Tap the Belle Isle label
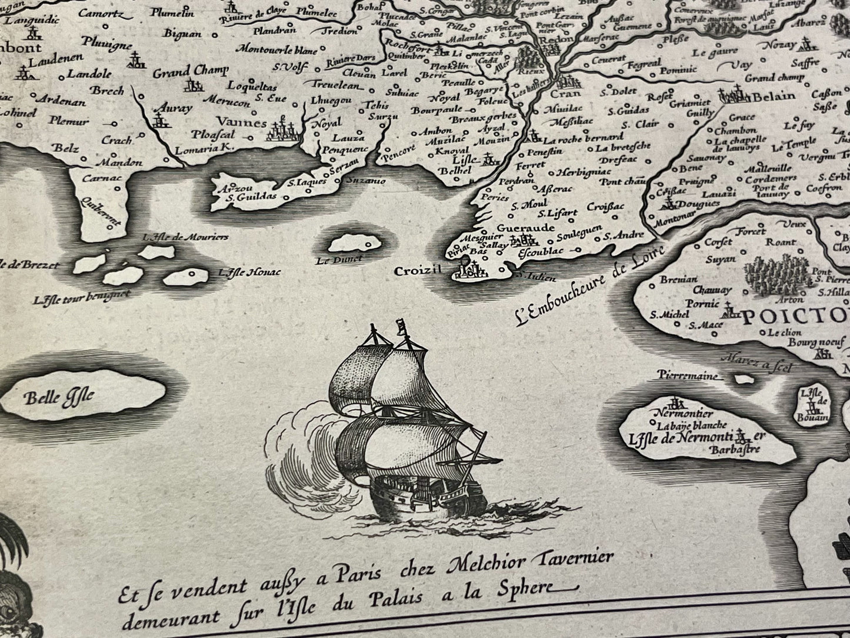tap(59, 398)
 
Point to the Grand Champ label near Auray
tap(189, 73)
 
